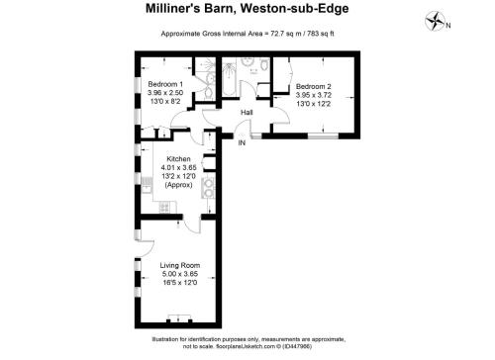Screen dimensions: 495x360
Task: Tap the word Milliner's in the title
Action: click(x=173, y=8)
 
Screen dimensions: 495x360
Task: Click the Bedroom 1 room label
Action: click(x=165, y=84)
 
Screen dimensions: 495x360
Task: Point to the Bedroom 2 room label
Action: click(x=313, y=86)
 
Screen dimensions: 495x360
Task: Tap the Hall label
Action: click(x=247, y=113)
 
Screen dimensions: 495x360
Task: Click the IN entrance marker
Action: click(x=242, y=142)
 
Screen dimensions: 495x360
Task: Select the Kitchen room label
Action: click(x=178, y=158)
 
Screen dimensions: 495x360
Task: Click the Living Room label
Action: click(x=180, y=265)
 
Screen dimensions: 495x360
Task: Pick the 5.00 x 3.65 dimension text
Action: click(x=180, y=274)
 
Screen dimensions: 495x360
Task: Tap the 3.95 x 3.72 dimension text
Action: click(x=313, y=95)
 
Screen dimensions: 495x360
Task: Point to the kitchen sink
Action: click(x=147, y=185)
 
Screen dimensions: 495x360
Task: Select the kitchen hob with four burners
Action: click(x=164, y=208)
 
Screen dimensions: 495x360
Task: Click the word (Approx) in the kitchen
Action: click(x=178, y=185)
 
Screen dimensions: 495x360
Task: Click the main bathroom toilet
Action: click(x=264, y=64)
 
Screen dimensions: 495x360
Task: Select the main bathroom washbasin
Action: click(x=247, y=61)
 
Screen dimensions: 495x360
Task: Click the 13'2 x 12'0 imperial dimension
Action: click(x=178, y=176)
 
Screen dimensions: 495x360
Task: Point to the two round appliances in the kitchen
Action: click(x=208, y=188)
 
